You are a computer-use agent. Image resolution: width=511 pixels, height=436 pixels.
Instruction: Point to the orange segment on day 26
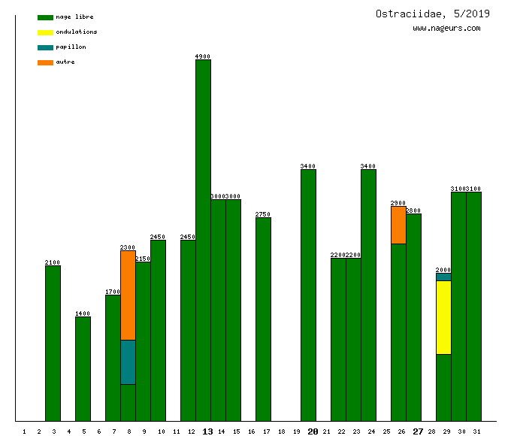(x=398, y=225)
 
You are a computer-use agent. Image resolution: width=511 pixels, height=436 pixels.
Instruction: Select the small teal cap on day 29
(x=443, y=277)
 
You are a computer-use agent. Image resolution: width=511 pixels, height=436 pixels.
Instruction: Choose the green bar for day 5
(x=83, y=369)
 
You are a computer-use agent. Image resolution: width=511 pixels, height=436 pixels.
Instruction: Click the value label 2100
(x=53, y=262)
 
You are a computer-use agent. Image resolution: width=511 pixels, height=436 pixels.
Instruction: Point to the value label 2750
(x=263, y=214)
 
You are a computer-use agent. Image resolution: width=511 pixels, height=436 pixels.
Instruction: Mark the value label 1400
(x=83, y=313)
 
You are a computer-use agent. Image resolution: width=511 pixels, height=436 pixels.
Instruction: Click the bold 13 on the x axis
(x=207, y=431)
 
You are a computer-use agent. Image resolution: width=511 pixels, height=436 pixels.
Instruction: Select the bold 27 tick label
(x=418, y=431)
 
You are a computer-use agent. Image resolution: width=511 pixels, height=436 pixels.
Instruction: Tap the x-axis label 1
(x=24, y=431)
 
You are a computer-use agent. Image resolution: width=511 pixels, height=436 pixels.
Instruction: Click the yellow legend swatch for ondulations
(x=45, y=32)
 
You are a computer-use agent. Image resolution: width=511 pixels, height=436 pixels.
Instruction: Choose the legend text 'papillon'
(x=71, y=47)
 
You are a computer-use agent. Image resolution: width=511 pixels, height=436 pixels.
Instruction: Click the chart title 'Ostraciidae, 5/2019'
(x=432, y=14)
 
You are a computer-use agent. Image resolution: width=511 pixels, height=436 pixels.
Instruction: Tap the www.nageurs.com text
(x=446, y=29)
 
